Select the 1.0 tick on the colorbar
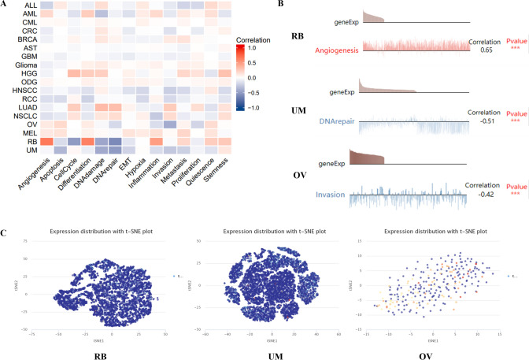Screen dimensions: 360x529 (x=252, y=47)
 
